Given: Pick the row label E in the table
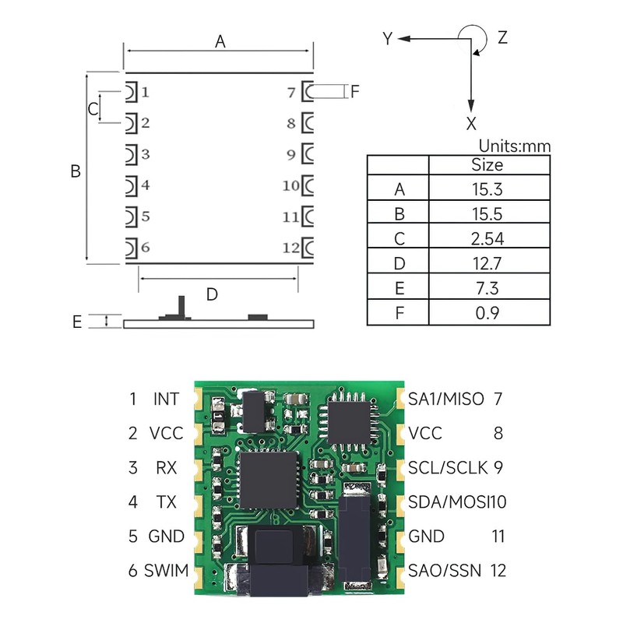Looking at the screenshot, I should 399,289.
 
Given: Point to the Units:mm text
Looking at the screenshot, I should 514,146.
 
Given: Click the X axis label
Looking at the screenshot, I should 471,123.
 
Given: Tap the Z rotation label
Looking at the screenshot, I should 502,37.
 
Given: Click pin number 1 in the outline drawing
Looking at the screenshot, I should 146,92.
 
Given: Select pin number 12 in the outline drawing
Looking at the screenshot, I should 290,248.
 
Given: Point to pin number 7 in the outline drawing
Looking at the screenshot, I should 291,93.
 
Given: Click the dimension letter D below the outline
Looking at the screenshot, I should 212,294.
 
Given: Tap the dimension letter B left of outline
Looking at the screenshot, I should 76,171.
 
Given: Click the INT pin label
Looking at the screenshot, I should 166,399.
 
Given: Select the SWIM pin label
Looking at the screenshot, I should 167,571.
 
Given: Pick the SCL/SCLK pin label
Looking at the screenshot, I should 448,468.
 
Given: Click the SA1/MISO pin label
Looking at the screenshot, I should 446,399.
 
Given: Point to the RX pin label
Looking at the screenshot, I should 166,468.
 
